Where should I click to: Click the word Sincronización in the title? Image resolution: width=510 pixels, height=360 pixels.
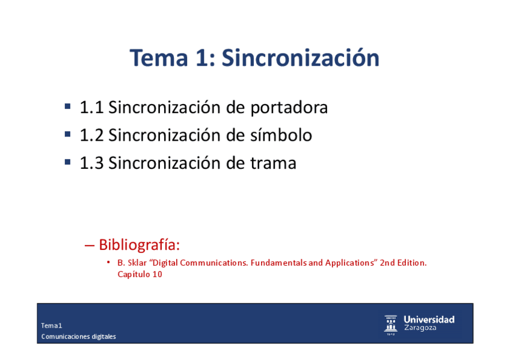[x=301, y=58]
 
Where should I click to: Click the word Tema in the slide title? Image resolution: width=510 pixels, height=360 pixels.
[x=159, y=58]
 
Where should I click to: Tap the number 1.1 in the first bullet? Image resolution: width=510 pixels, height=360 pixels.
[x=92, y=108]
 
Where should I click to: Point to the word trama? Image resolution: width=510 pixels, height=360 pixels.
[x=273, y=163]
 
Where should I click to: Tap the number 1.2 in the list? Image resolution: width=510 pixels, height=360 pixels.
[x=92, y=135]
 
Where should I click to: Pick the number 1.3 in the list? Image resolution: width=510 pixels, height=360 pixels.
[x=92, y=163]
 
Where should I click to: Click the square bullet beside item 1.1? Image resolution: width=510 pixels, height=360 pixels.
[x=67, y=106]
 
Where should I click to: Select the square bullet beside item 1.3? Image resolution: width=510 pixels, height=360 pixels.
[x=67, y=162]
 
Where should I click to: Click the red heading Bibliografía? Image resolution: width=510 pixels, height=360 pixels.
[x=139, y=245]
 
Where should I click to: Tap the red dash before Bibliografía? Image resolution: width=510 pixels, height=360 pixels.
[x=90, y=246]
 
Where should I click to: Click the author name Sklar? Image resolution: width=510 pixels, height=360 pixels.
[x=137, y=263]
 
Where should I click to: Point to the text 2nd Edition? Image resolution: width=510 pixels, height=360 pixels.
[x=404, y=263]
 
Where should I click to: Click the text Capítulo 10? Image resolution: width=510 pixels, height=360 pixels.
[x=140, y=275]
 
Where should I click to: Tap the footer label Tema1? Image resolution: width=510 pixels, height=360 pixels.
[x=51, y=326]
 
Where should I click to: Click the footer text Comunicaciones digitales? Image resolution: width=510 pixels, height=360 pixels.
[x=78, y=337]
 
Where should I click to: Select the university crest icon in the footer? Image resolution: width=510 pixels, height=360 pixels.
[x=391, y=325]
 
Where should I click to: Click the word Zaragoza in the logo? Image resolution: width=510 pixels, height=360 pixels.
[x=420, y=328]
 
